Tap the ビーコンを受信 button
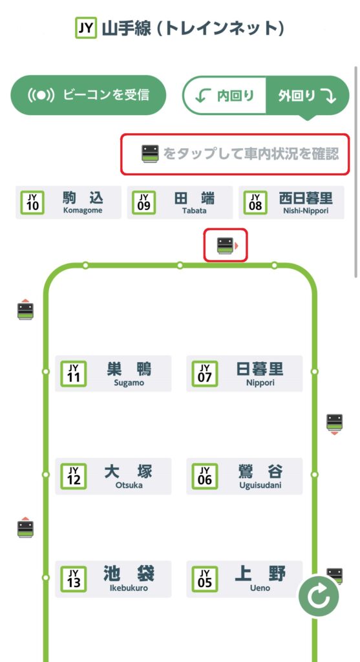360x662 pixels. (88, 95)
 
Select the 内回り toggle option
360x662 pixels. (224, 96)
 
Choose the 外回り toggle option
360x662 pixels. (307, 96)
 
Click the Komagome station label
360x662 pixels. (69, 202)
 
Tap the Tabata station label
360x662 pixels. (180, 202)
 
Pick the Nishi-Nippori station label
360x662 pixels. (291, 202)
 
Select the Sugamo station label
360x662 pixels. (113, 373)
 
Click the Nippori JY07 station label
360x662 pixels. (244, 373)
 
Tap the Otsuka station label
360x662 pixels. (113, 476)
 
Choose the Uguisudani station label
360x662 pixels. (244, 476)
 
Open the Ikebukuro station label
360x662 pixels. (113, 579)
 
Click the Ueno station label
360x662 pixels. (244, 579)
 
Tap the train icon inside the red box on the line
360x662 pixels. (225, 245)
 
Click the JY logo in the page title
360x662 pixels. (86, 28)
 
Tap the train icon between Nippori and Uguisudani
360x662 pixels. (334, 423)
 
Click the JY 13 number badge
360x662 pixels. (74, 579)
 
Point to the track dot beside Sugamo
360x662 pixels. (46, 372)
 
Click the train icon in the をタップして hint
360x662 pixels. (150, 154)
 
